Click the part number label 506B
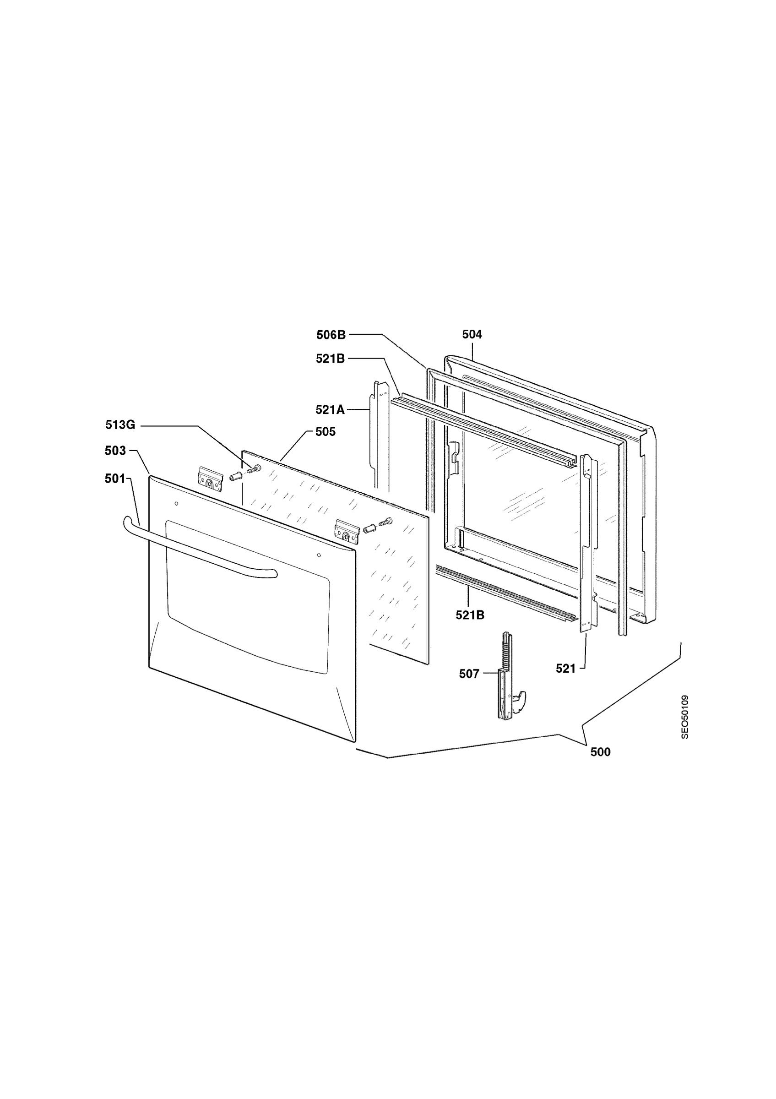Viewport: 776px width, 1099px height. pos(331,335)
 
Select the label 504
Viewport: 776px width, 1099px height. pos(472,335)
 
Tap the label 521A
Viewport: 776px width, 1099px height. pos(330,410)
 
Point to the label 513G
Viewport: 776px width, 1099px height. pos(120,424)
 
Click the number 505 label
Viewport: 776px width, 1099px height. pos(326,432)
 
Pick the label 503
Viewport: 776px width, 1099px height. pos(115,451)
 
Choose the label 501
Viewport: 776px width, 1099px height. pos(115,479)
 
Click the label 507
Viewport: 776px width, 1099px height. pos(469,674)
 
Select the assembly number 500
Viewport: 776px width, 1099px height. pos(600,752)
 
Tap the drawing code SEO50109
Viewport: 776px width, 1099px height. pos(685,717)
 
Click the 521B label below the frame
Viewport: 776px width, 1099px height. pos(470,615)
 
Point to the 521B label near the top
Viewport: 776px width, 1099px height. pos(330,359)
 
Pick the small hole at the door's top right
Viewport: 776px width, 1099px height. pos(319,555)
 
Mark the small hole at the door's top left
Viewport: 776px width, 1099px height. pos(177,504)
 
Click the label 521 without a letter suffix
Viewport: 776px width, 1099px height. pos(565,669)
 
